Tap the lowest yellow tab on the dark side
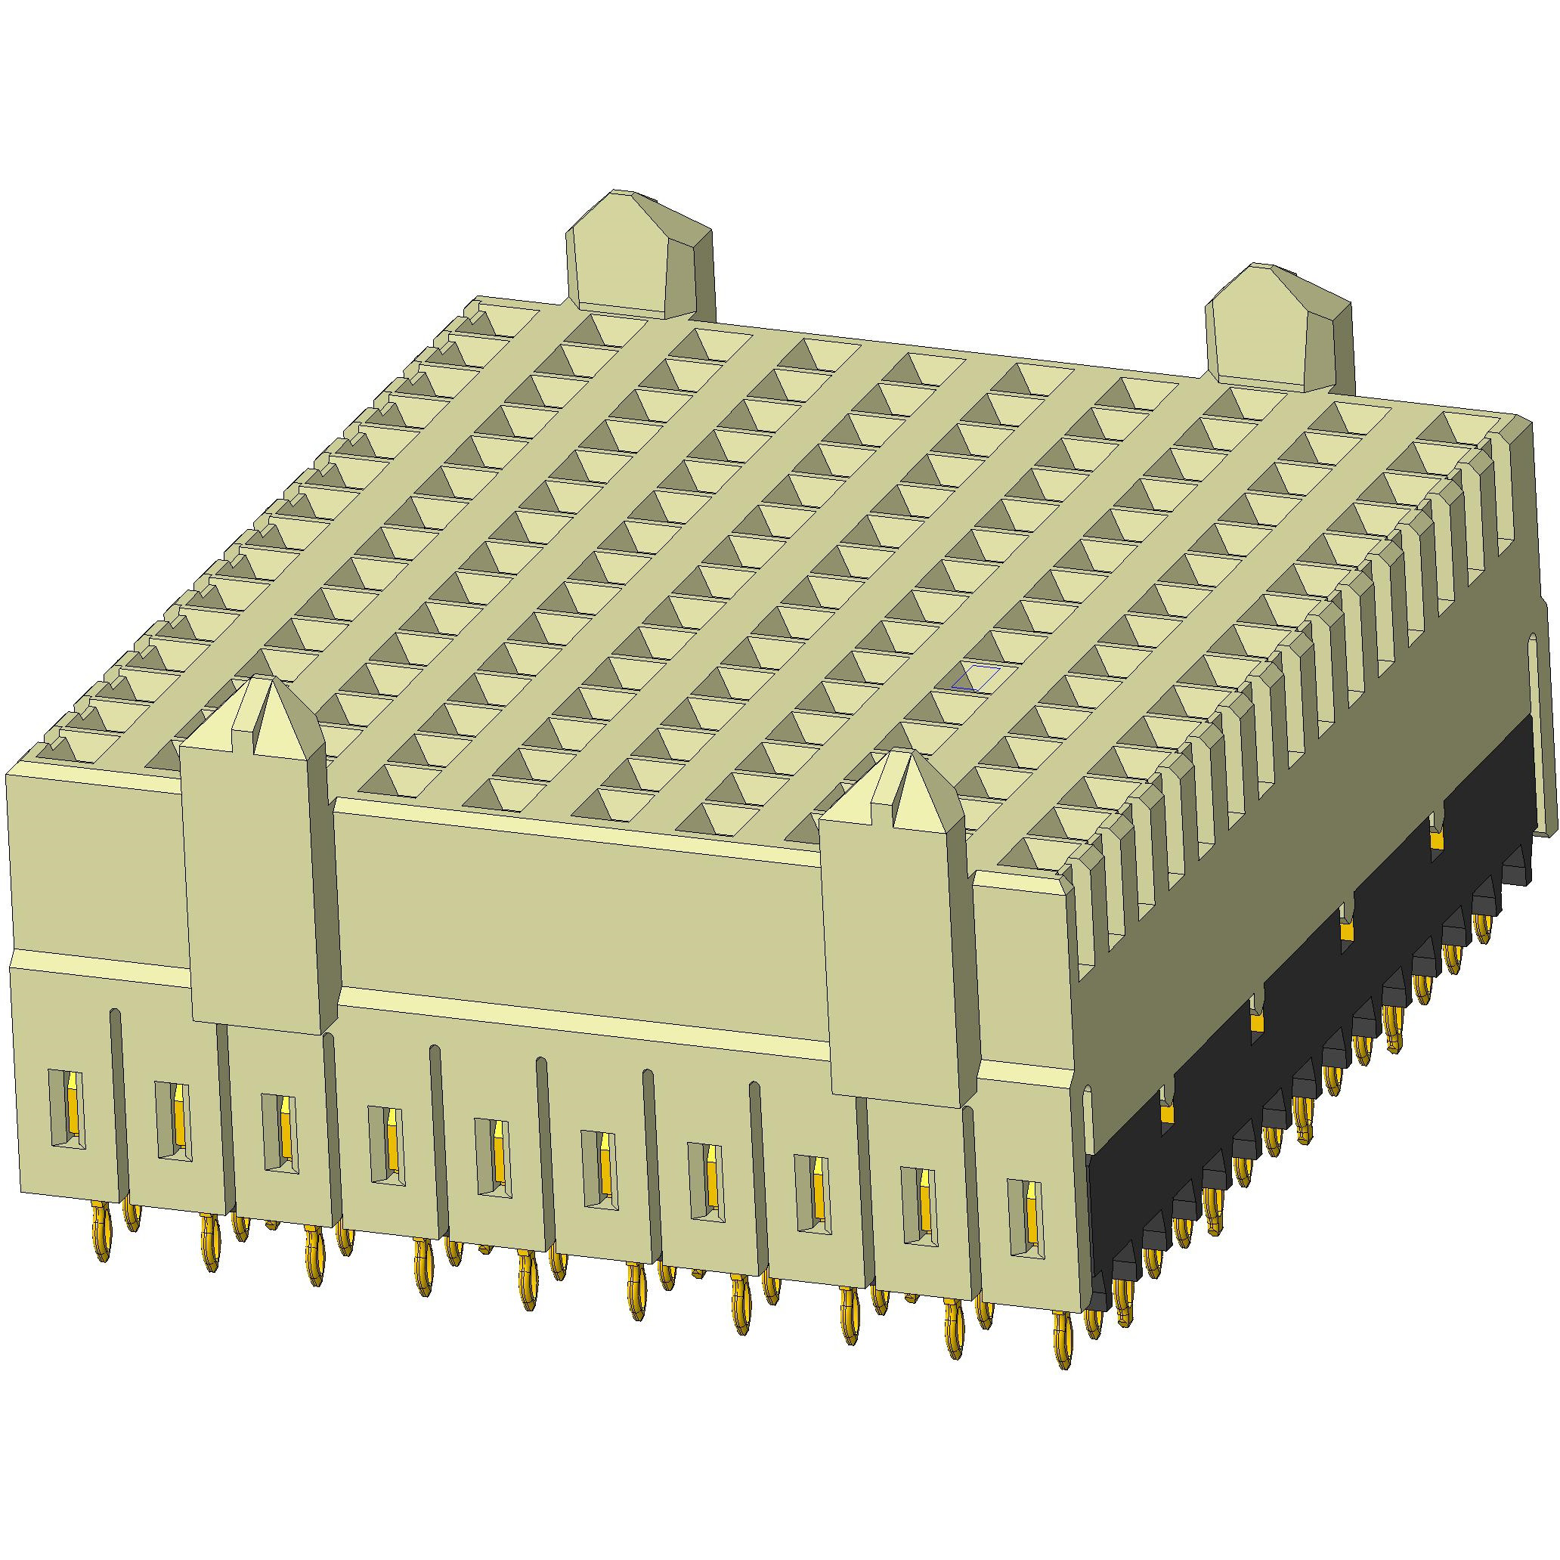click(1166, 1114)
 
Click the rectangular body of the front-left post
click(258, 888)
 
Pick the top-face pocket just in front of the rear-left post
click(593, 331)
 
